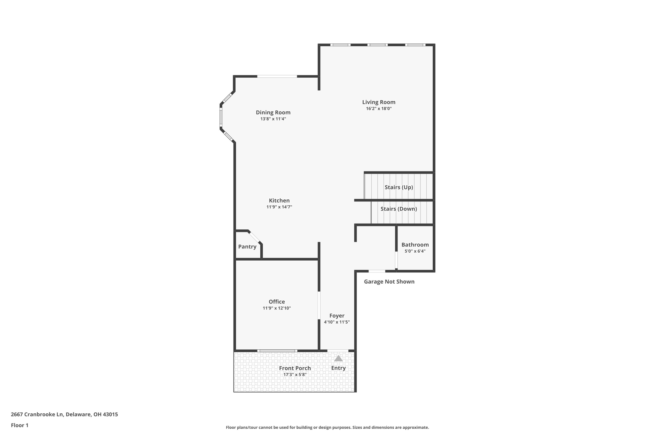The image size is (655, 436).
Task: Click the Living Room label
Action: tap(379, 102)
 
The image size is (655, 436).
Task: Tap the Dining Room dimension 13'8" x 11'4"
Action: tap(273, 119)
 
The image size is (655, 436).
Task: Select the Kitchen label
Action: tap(279, 201)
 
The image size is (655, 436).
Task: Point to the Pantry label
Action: tap(247, 247)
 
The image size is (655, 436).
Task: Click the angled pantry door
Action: tap(255, 237)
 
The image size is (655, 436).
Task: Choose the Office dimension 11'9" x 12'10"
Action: tap(277, 308)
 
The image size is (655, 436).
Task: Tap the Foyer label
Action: tap(337, 316)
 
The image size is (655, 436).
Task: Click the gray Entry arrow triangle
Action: tap(338, 358)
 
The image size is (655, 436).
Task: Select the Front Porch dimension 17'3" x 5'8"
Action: tap(295, 375)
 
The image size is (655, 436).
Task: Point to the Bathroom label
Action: tap(415, 245)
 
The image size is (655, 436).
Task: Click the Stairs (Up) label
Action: tap(399, 187)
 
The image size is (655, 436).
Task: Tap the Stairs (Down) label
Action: tap(399, 209)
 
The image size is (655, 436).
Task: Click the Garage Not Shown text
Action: tap(389, 281)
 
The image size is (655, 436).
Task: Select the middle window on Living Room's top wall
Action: tap(377, 45)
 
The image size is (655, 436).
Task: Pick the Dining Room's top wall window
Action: tap(277, 76)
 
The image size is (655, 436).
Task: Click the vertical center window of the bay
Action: tap(221, 117)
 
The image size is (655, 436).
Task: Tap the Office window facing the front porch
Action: tap(277, 351)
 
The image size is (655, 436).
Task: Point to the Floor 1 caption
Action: tap(20, 425)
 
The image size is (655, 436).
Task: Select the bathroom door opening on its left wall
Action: tap(396, 260)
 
